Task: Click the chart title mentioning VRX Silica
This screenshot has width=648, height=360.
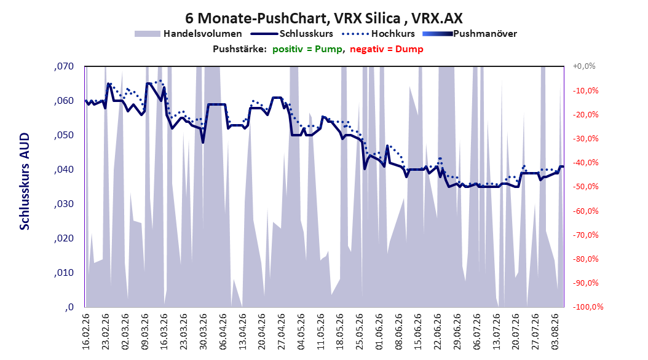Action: click(x=323, y=18)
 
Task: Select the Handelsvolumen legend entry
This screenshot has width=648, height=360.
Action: click(x=189, y=34)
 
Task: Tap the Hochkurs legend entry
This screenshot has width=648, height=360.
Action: click(x=378, y=34)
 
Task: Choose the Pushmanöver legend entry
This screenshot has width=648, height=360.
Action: click(x=470, y=34)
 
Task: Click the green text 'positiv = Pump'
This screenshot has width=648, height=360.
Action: click(x=307, y=49)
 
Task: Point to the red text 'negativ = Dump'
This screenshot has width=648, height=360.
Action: click(x=387, y=49)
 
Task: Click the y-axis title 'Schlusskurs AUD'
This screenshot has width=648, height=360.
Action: click(x=25, y=181)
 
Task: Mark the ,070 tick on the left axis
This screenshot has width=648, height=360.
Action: click(x=64, y=66)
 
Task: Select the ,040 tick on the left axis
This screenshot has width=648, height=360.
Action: click(x=64, y=170)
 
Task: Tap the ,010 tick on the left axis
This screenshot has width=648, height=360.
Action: click(x=64, y=273)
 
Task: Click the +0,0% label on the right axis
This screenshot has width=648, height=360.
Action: click(x=584, y=66)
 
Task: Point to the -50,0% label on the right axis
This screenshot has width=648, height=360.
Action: click(x=585, y=187)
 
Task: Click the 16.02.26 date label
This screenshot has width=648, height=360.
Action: click(x=86, y=332)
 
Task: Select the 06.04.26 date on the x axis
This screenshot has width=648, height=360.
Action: click(x=223, y=332)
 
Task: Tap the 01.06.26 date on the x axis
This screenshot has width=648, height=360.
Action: click(x=379, y=332)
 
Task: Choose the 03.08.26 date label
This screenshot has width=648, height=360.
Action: click(x=555, y=332)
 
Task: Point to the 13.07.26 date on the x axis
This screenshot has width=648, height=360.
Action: click(x=496, y=332)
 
